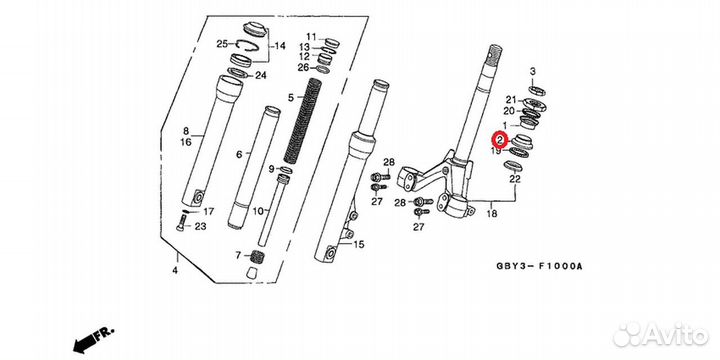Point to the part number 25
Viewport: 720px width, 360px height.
point(223,45)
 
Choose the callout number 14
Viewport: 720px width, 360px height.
point(280,46)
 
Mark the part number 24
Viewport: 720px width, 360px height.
point(261,76)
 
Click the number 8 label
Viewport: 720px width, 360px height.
point(185,131)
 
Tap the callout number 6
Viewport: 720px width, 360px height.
point(239,154)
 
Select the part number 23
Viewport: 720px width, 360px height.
point(200,227)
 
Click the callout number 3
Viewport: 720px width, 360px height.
point(533,72)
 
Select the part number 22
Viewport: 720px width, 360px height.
point(515,179)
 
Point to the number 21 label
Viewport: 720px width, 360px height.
point(510,100)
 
